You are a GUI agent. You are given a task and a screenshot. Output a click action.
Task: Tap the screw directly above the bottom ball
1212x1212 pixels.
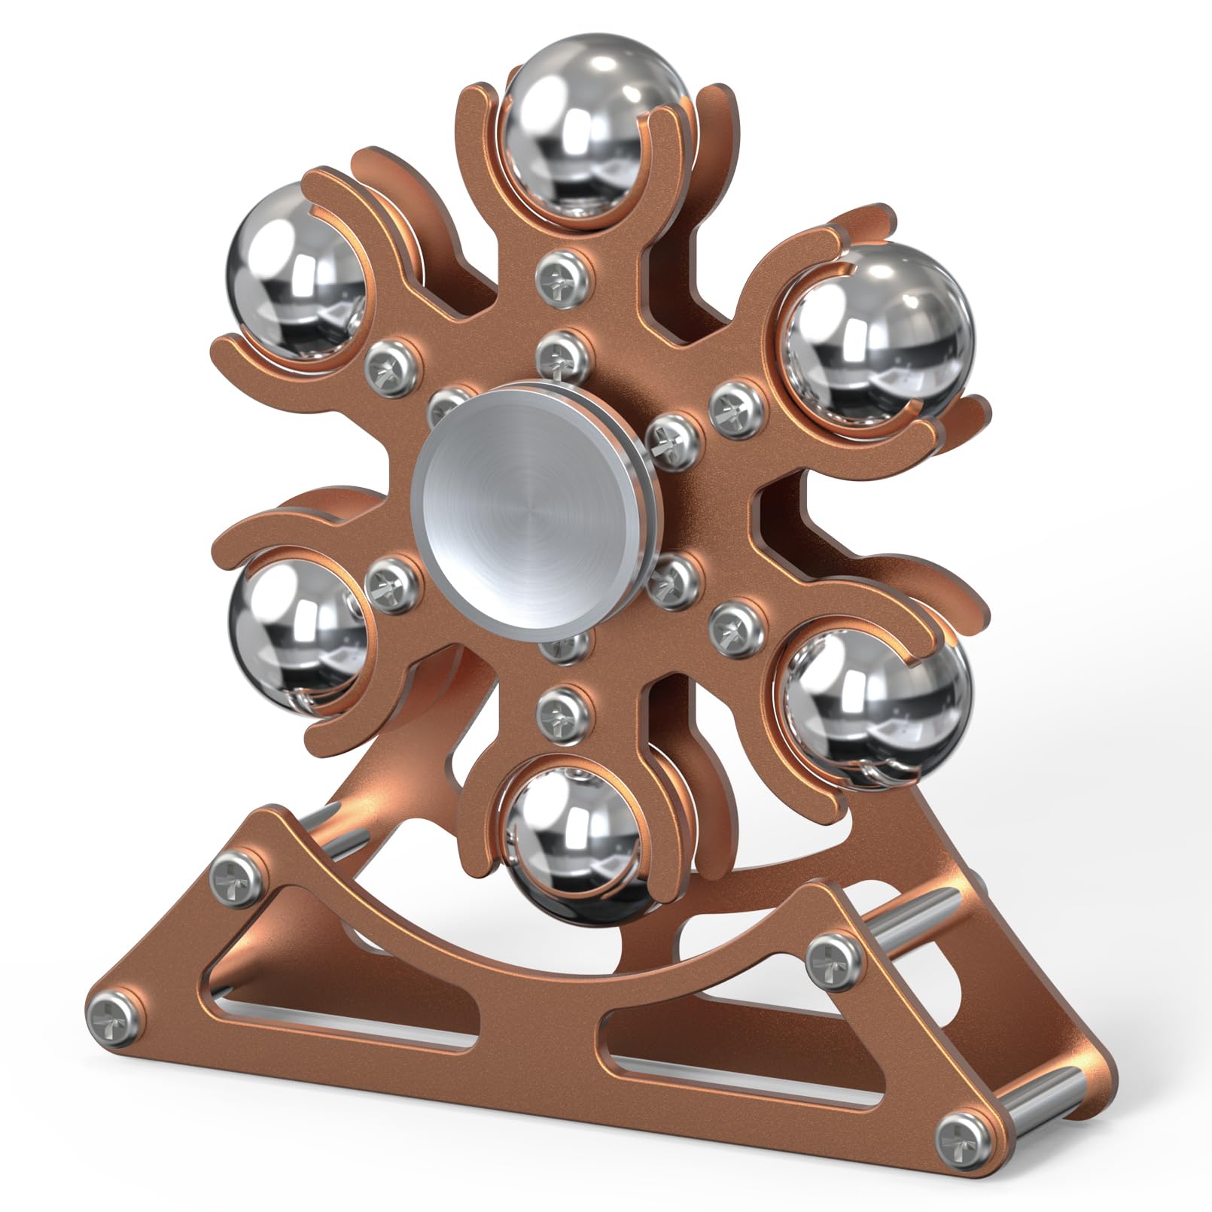click(558, 707)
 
